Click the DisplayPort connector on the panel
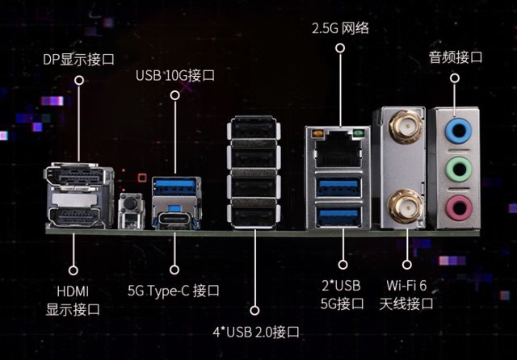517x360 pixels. click(78, 175)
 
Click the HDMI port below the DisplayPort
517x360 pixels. click(78, 216)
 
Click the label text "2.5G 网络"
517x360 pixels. click(340, 29)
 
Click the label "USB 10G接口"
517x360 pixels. click(175, 76)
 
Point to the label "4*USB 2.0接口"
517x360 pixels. click(256, 332)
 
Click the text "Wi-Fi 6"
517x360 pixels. click(407, 287)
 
